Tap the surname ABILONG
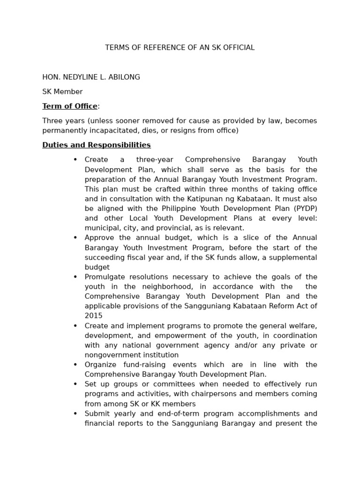(124, 77)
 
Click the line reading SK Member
(62, 92)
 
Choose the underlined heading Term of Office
(70, 106)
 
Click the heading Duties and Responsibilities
(97, 145)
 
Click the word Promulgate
(105, 277)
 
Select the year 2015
(93, 316)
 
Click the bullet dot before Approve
(75, 238)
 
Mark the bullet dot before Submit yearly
(75, 413)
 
